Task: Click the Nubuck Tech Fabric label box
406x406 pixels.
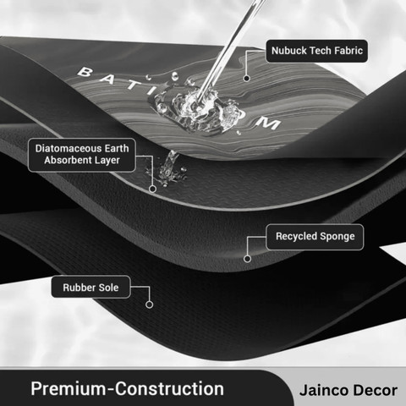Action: tap(316, 51)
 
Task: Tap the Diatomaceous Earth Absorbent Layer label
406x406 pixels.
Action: tap(82, 155)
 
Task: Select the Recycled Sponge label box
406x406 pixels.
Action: tap(315, 237)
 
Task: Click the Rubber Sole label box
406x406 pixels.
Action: tap(91, 287)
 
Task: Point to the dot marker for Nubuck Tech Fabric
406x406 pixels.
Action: tap(247, 79)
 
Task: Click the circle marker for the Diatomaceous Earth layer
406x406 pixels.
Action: tap(152, 189)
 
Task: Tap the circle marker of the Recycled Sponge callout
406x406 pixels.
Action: tap(247, 259)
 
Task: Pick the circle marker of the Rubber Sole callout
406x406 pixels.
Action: tap(149, 304)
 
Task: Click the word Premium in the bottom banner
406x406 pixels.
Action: tap(68, 388)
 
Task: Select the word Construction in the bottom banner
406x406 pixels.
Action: tap(169, 388)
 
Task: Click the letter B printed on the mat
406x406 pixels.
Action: tap(85, 72)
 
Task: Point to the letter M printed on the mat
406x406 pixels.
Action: tap(268, 123)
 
